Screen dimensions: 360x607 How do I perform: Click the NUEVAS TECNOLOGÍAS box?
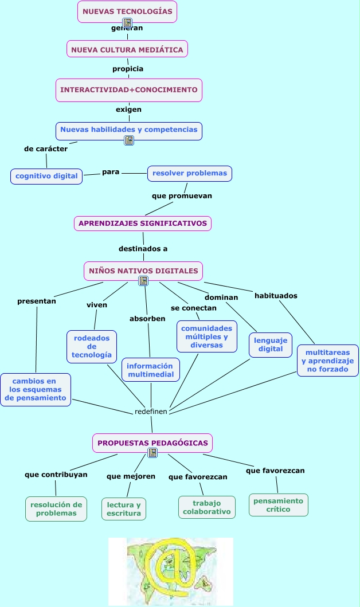click(x=127, y=11)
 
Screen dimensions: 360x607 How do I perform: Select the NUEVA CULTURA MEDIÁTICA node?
click(x=127, y=49)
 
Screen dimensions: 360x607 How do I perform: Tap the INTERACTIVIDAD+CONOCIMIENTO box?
click(x=129, y=90)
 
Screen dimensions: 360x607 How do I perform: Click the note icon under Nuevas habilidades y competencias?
click(x=129, y=140)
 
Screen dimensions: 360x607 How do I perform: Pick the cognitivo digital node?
click(x=46, y=176)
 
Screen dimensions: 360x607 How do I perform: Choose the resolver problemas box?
click(x=190, y=174)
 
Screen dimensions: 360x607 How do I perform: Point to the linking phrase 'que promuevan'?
click(x=182, y=196)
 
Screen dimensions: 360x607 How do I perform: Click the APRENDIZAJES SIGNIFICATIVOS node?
click(x=142, y=224)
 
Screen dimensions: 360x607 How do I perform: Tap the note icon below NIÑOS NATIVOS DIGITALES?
click(x=143, y=281)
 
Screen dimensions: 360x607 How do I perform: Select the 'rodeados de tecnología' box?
click(x=92, y=346)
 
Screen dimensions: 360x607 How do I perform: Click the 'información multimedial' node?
click(x=151, y=370)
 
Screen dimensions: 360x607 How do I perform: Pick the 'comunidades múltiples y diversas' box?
click(x=207, y=336)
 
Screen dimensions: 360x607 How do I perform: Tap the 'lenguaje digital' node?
click(x=271, y=344)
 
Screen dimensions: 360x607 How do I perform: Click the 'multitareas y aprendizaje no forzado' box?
click(x=328, y=361)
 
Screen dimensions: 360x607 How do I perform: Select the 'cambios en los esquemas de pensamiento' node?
click(x=36, y=389)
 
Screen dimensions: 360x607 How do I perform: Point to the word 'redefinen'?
click(x=151, y=412)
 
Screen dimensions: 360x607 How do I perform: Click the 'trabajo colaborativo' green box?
click(x=207, y=507)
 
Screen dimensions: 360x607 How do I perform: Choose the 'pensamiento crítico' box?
click(x=279, y=505)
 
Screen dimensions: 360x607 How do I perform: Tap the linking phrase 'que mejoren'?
click(x=131, y=476)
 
